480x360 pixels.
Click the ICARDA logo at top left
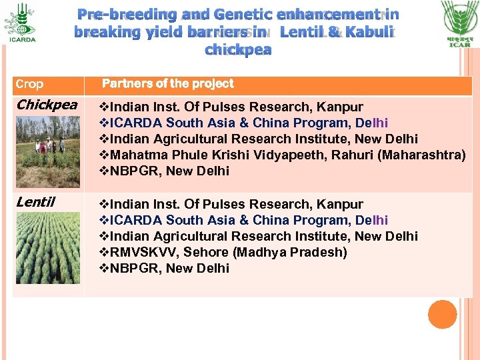click(x=19, y=21)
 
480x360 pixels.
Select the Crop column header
click(x=29, y=84)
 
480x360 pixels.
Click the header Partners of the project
click(x=167, y=83)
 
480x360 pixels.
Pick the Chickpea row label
click(x=46, y=105)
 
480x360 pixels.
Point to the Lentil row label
click(x=35, y=202)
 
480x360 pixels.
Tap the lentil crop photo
click(x=47, y=247)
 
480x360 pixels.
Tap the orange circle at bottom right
click(x=442, y=314)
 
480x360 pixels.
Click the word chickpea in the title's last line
click(x=238, y=50)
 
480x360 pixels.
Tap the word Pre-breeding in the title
click(x=127, y=14)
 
